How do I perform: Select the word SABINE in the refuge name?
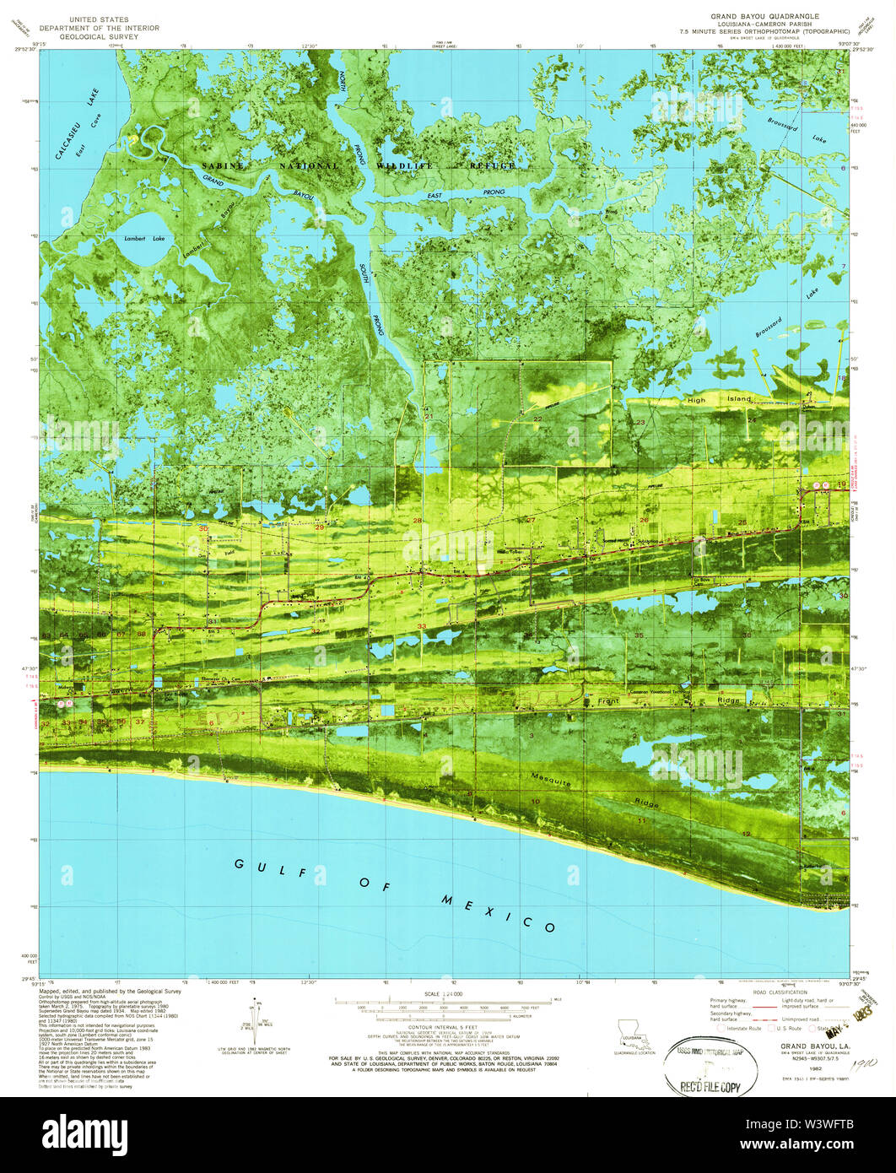coord(223,166)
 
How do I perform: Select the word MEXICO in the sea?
coord(498,912)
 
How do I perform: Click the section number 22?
coord(537,419)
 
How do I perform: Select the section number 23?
coord(640,422)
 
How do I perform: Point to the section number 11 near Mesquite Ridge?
coord(642,820)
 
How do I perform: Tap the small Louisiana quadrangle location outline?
coord(629,1029)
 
